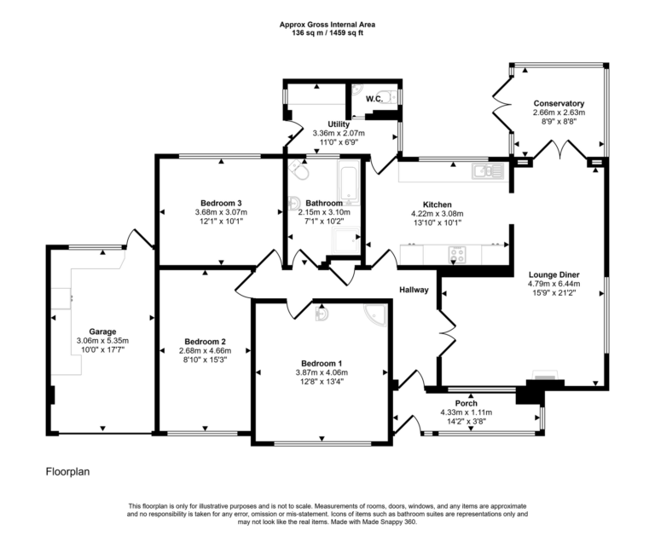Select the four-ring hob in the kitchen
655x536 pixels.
click(x=458, y=252)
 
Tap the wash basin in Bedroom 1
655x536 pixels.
click(x=322, y=314)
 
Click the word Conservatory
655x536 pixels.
click(x=559, y=103)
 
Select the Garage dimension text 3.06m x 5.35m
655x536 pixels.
click(x=104, y=341)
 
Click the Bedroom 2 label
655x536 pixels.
click(x=202, y=341)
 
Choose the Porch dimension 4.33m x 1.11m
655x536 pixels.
click(x=466, y=412)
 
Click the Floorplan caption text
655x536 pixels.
click(x=67, y=470)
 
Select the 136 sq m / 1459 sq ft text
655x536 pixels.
click(x=327, y=33)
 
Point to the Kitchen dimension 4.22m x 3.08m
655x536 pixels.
click(x=437, y=214)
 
